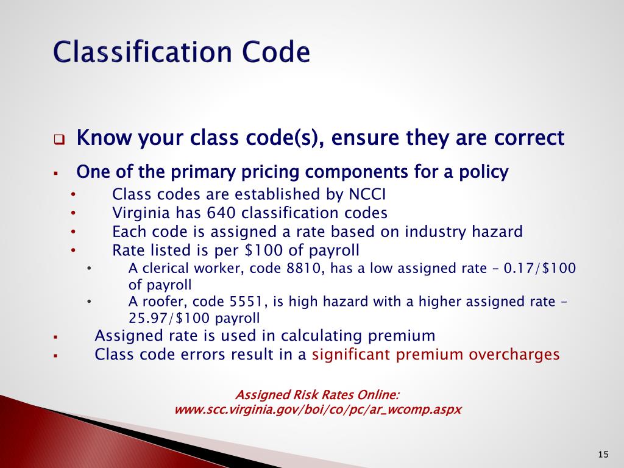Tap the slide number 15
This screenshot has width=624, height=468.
[x=603, y=454]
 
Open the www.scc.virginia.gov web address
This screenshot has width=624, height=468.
[x=317, y=409]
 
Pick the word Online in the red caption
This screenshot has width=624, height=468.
[x=378, y=394]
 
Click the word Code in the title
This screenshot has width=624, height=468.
[x=277, y=52]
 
